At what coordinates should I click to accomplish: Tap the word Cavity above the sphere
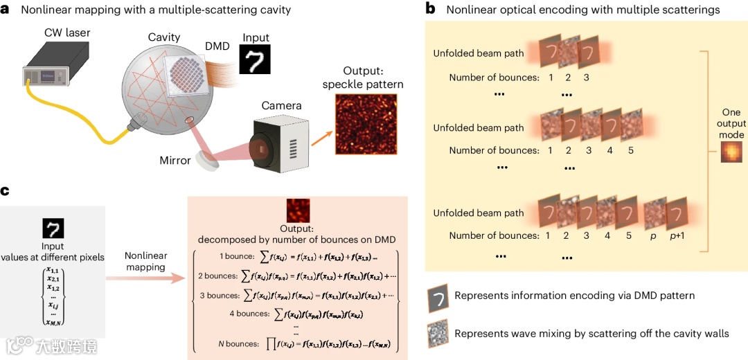click(163, 37)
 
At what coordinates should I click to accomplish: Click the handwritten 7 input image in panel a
click(255, 60)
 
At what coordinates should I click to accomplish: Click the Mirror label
click(175, 161)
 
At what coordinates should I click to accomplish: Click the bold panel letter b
click(431, 9)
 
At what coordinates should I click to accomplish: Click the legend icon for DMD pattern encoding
click(437, 296)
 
